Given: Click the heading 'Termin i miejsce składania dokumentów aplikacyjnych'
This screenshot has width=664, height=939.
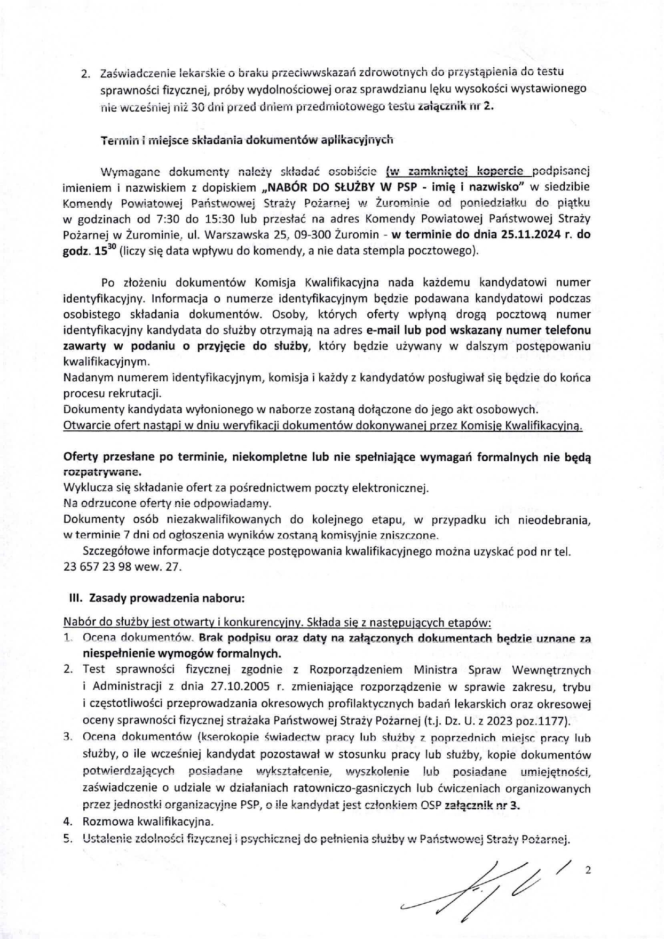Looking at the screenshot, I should [x=247, y=140].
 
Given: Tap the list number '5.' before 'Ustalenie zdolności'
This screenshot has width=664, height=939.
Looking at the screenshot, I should [x=68, y=839].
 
